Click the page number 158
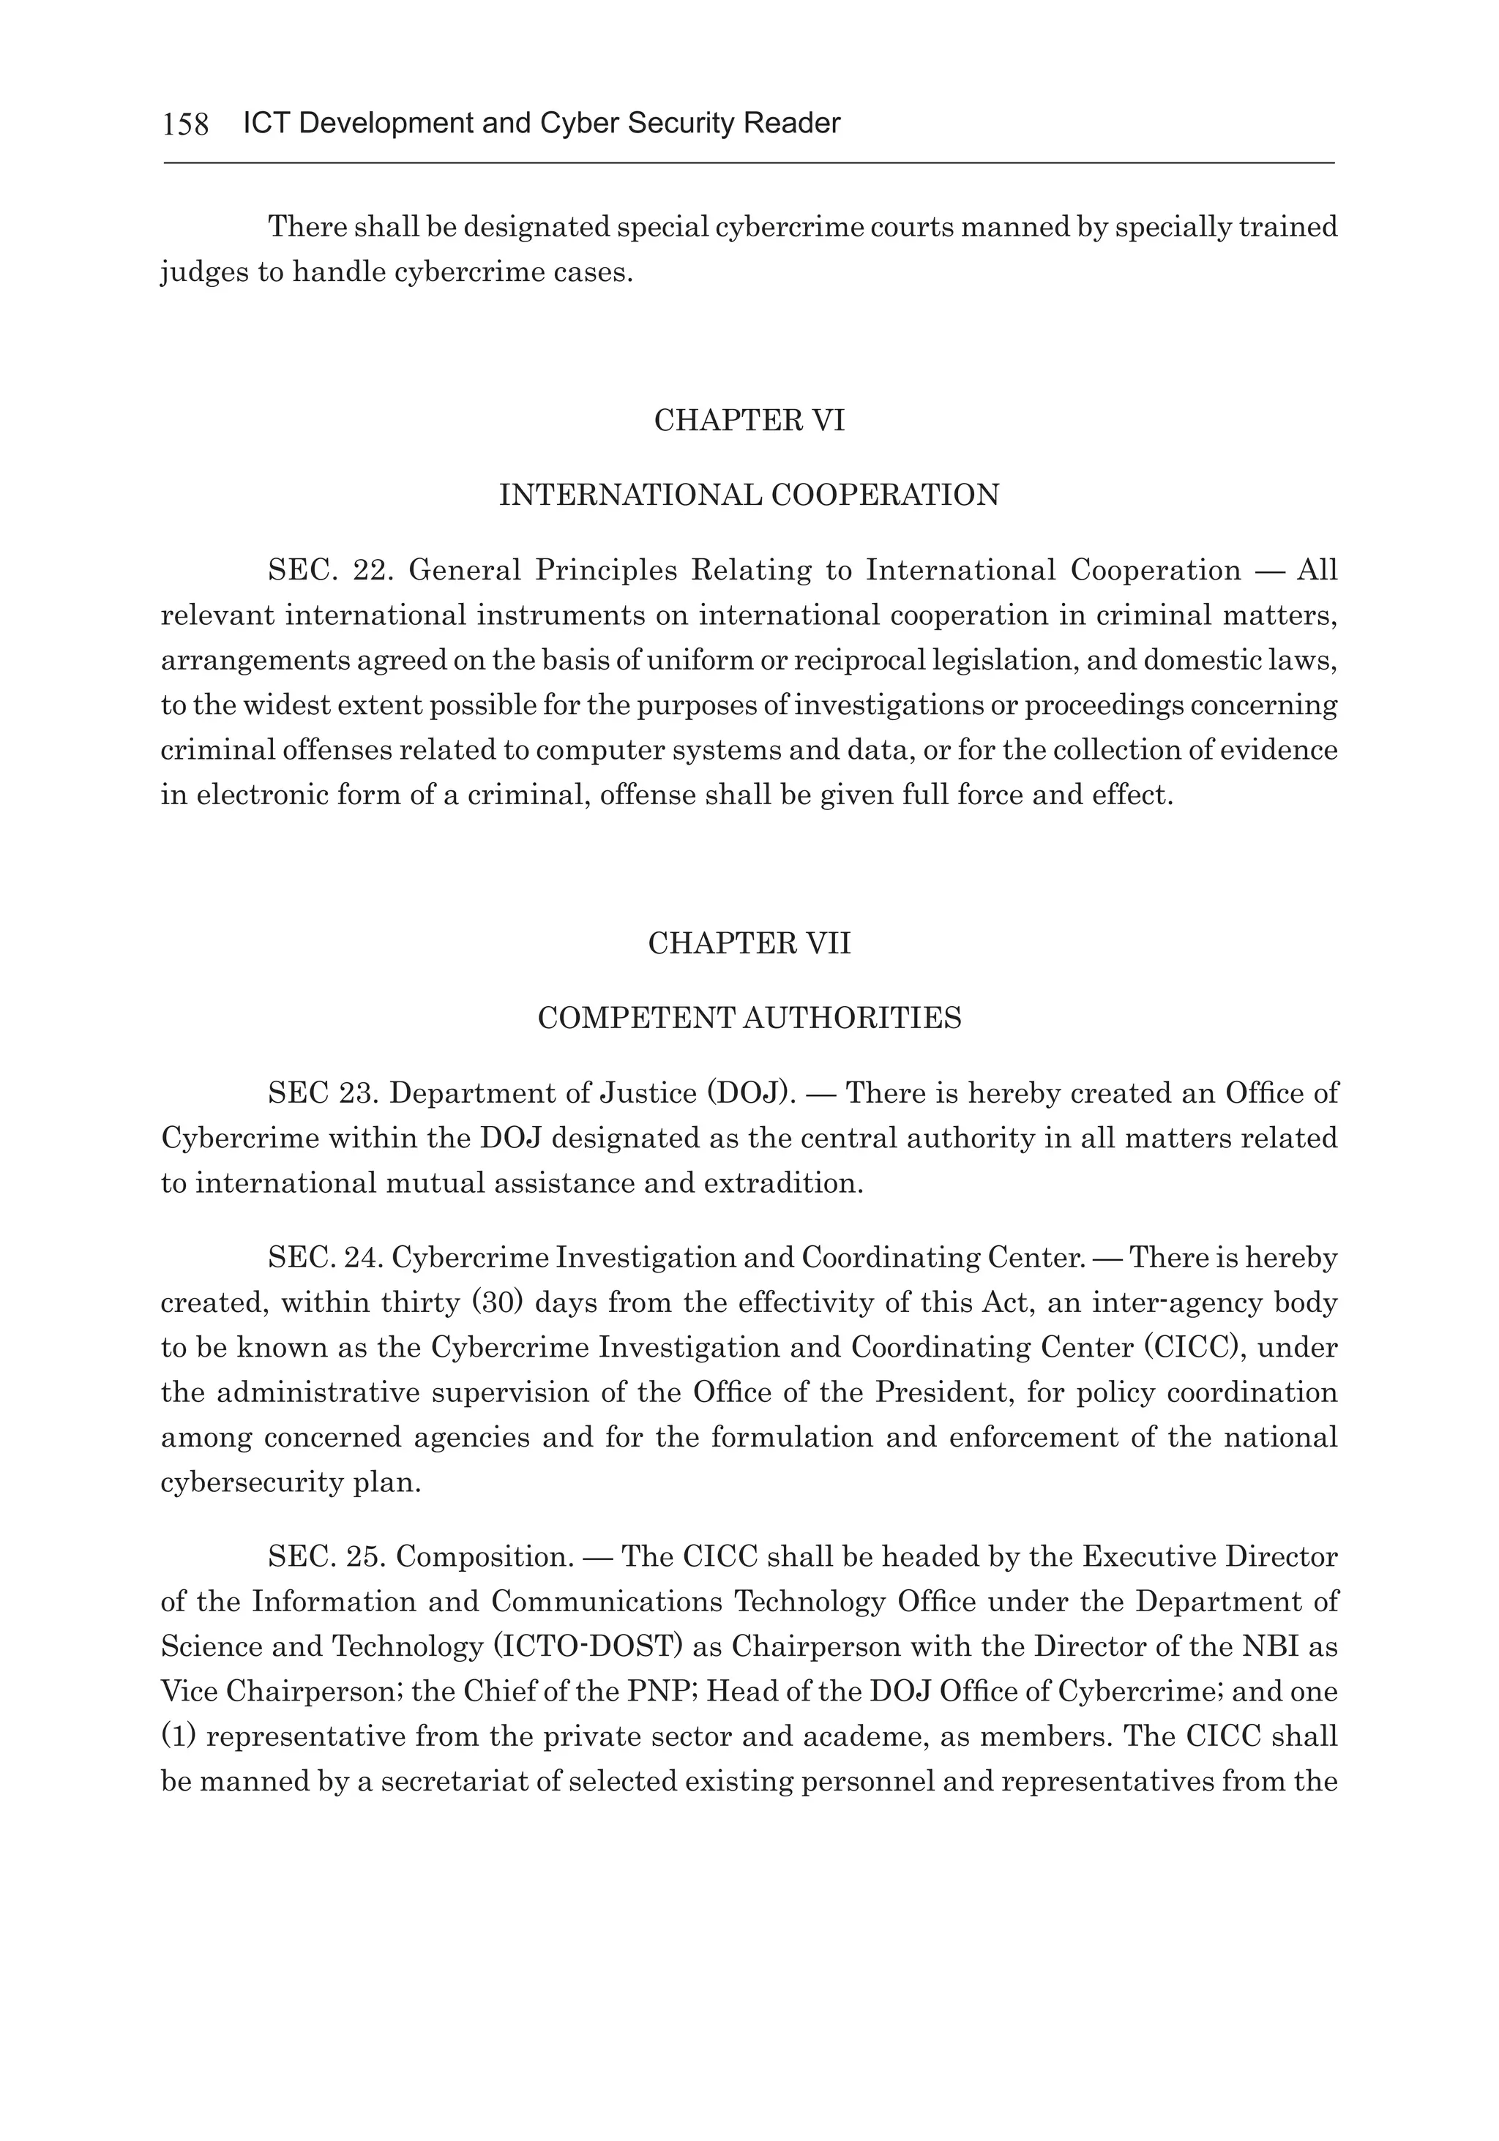pos(186,124)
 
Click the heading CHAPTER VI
pos(749,421)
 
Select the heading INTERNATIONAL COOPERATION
pos(749,495)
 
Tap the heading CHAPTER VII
pos(749,944)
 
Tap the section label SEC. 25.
pos(323,1556)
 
